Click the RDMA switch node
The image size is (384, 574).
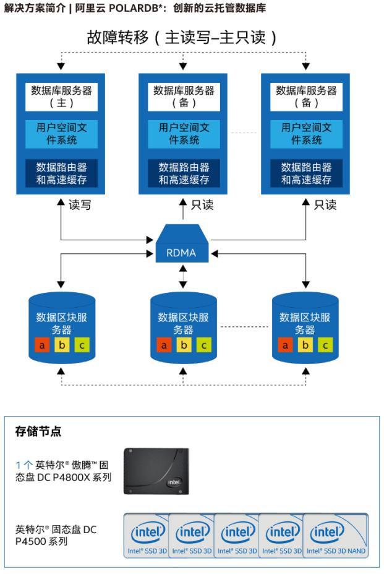click(182, 245)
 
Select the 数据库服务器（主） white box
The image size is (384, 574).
click(62, 96)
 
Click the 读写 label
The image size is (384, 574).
click(80, 205)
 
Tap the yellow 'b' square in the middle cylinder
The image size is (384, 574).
click(184, 345)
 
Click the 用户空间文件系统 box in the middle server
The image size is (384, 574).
click(184, 134)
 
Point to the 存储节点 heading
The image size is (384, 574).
click(38, 432)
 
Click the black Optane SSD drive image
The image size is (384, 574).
click(160, 471)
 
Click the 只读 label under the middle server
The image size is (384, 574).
click(202, 205)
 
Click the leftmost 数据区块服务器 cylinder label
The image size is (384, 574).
click(62, 323)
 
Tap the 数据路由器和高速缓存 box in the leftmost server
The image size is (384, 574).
click(62, 173)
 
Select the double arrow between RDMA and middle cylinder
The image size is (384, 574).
click(183, 275)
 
